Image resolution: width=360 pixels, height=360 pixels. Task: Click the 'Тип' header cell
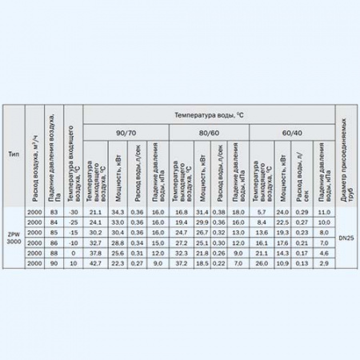point(13,153)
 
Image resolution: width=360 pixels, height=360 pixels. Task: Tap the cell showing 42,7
point(94,262)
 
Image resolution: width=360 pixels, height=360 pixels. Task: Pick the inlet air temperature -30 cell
point(73,210)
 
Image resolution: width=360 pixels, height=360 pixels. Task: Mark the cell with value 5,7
point(261,210)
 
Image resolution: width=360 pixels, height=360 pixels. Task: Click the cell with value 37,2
point(178,262)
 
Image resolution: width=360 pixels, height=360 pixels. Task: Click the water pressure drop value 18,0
point(239,210)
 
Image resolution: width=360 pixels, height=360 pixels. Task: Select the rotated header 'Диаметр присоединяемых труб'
point(346,153)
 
